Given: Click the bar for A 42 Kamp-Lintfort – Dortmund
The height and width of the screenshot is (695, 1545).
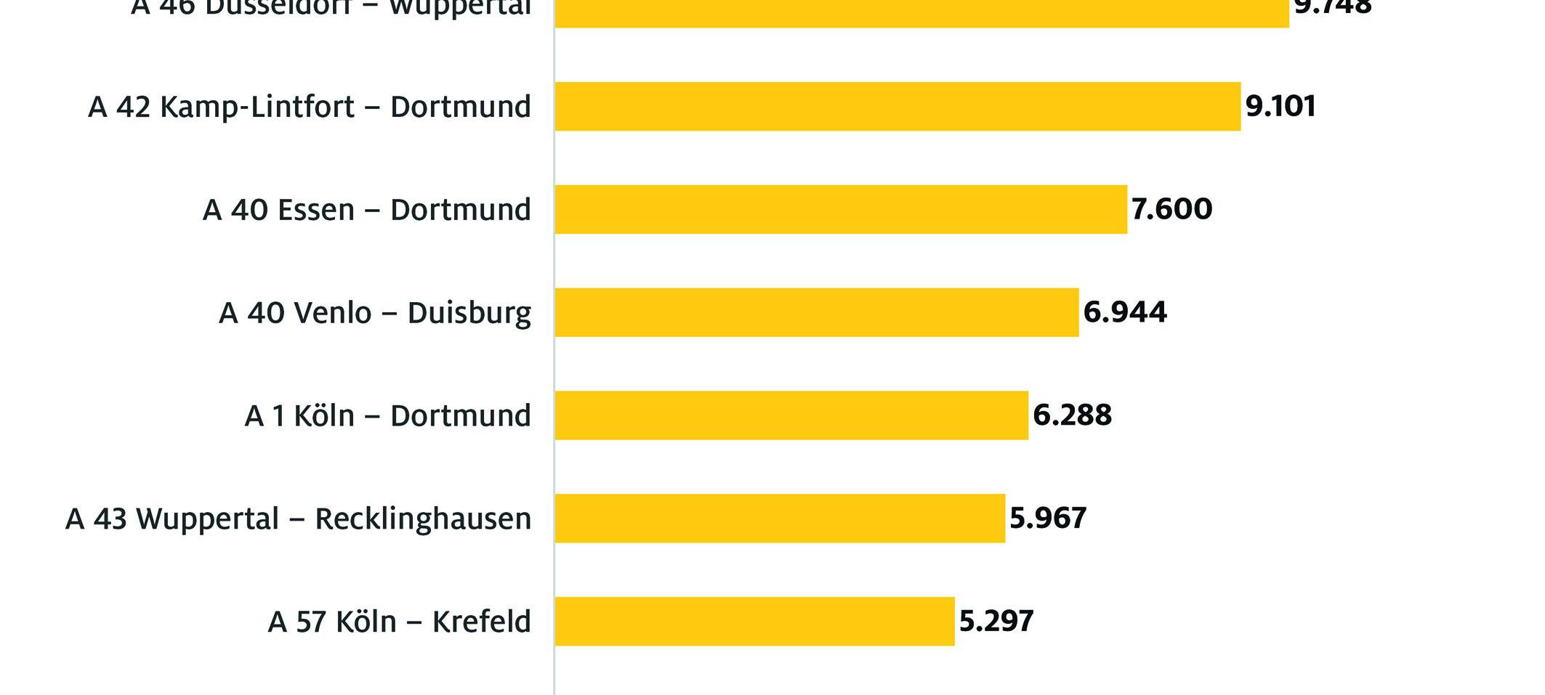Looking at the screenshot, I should coord(897,106).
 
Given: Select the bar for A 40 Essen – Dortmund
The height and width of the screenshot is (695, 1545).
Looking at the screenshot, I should coord(841,209).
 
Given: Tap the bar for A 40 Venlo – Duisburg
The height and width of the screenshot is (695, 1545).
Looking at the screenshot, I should coord(816,312).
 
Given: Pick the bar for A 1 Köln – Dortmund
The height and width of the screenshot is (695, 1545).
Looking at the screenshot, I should coord(791,415).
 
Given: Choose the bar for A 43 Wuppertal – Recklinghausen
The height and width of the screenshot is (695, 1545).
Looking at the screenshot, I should coord(780,519).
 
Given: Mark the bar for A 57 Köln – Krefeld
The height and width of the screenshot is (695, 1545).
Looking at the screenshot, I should coord(754,622).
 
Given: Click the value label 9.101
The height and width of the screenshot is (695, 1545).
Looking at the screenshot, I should coord(1280,106).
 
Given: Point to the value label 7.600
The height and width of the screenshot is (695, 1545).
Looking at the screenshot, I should coord(1171,209).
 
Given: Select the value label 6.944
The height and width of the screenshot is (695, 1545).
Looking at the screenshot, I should coord(1125,312).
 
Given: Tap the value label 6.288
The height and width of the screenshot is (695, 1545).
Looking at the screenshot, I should coord(1072,415).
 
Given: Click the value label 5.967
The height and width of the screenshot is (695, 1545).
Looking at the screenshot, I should coord(1048,519).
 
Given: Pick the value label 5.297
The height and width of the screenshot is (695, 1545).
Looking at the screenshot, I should coord(996,622).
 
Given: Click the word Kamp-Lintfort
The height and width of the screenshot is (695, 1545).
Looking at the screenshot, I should coord(257,107).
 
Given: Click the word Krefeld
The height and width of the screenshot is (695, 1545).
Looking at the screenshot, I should coord(481,622).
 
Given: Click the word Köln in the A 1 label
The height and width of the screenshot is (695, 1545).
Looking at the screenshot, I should coord(324,416).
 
